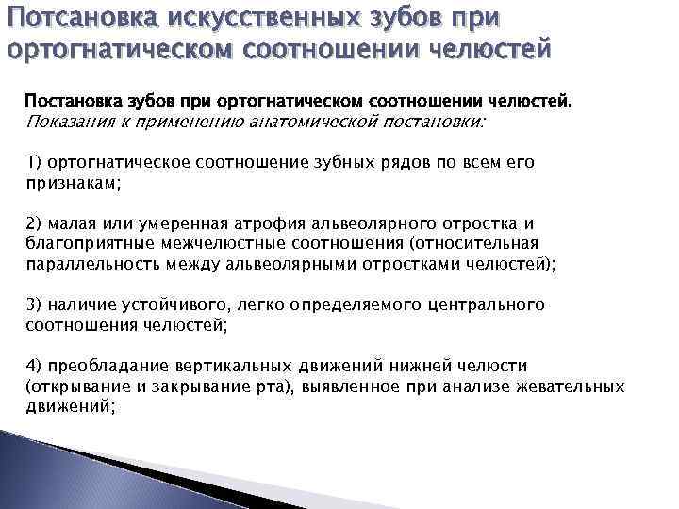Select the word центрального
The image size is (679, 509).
click(x=487, y=304)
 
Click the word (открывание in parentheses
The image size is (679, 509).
click(x=75, y=386)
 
